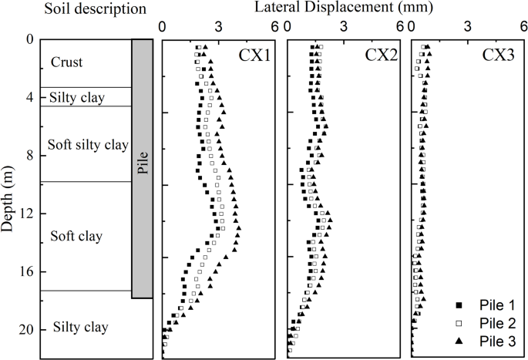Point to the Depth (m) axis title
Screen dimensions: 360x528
pos(9,199)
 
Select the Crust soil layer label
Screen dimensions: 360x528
pos(66,62)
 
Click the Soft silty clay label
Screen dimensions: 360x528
pos(88,145)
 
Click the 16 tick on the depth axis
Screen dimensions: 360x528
pos(28,271)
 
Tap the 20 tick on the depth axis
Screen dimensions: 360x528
pos(28,329)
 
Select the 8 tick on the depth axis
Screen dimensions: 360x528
pos(31,155)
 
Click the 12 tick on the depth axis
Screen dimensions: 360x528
pos(28,214)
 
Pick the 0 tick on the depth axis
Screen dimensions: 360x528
pos(31,39)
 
